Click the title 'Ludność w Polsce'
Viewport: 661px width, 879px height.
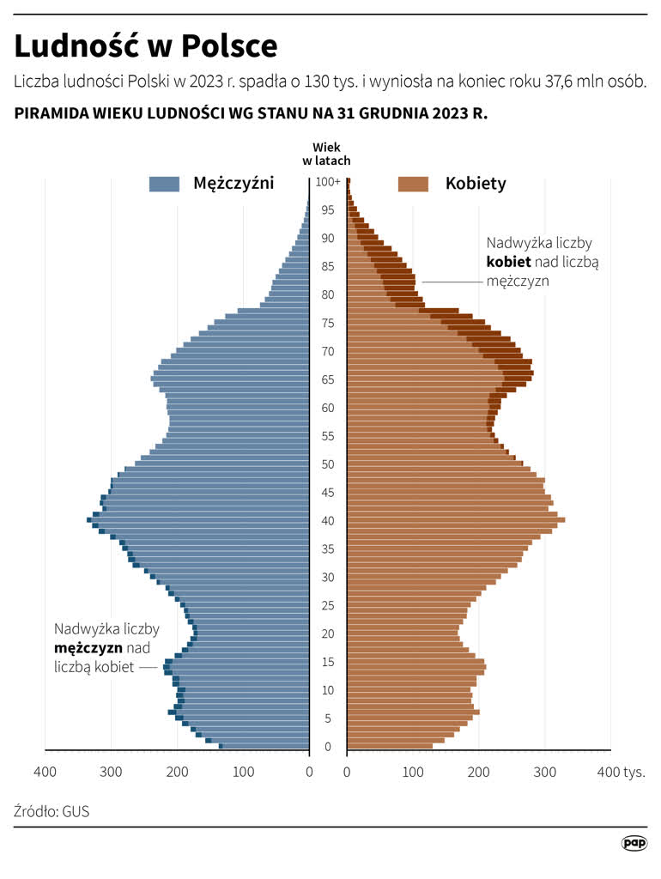[x=145, y=45]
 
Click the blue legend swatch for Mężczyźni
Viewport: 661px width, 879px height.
[x=164, y=184]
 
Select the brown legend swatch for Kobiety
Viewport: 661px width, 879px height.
[x=413, y=184]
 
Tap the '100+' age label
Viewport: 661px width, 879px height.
[x=327, y=182]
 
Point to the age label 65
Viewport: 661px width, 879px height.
[x=327, y=379]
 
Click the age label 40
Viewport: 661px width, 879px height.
[x=327, y=521]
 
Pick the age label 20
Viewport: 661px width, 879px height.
[x=327, y=633]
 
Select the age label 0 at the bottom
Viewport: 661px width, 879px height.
[x=327, y=747]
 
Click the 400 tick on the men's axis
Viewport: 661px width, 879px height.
[x=45, y=772]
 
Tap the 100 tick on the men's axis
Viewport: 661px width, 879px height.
[x=244, y=772]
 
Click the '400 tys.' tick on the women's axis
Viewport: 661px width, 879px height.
[x=620, y=772]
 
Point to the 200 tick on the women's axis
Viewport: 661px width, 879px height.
[x=478, y=772]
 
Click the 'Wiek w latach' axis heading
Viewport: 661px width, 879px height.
[x=326, y=154]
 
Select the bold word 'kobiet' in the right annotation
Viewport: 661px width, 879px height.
[x=508, y=262]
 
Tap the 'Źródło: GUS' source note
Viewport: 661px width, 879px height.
[x=52, y=810]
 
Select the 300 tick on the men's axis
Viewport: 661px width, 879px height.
[x=111, y=772]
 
